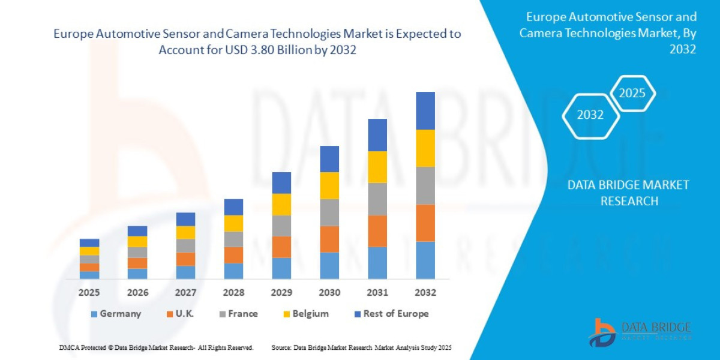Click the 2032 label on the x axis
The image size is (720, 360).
coord(425,293)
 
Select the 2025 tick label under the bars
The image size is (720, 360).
coord(89,293)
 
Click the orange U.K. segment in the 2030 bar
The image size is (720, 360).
coord(329,239)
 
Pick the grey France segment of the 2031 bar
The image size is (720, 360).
coord(377,199)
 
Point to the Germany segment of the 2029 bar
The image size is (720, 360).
coord(281,268)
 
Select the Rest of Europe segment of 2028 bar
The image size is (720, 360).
coord(233,207)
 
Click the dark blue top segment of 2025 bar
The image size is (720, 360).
coord(89,243)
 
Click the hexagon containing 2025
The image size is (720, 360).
coord(632,93)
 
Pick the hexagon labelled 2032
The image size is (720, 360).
coord(590,115)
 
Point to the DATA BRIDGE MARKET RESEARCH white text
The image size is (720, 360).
coord(629,193)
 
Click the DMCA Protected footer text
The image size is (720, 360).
coord(156,347)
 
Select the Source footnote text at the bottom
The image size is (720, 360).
coord(361,347)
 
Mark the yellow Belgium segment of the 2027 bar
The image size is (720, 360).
coord(185,232)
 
